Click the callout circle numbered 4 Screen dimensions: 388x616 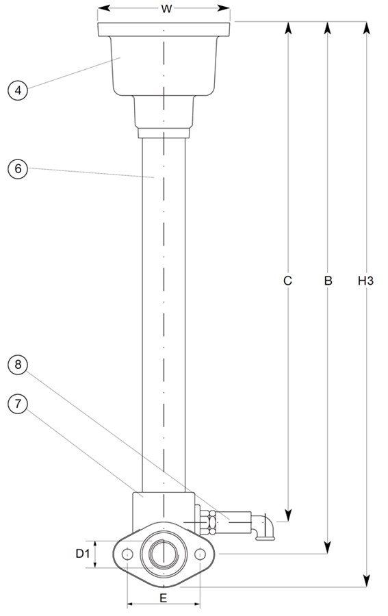(x=18, y=90)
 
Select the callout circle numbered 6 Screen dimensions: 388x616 (x=18, y=168)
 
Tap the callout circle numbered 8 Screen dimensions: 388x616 (x=18, y=365)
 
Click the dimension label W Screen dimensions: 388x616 (x=166, y=9)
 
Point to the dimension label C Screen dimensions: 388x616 (x=288, y=281)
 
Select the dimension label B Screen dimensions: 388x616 (x=328, y=281)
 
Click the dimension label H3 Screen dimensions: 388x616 (x=365, y=281)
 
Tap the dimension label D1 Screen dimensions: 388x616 (x=83, y=554)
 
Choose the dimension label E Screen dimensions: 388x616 (x=164, y=598)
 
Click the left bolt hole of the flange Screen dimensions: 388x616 (x=127, y=554)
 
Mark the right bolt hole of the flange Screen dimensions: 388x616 (x=200, y=554)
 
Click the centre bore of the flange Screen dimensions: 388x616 (x=164, y=554)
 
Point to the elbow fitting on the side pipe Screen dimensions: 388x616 (x=263, y=527)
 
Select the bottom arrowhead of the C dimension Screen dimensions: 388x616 (x=288, y=515)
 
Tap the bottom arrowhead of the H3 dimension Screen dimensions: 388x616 (x=366, y=580)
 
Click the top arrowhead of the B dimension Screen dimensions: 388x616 (x=328, y=28)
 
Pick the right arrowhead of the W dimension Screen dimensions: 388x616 (x=223, y=8)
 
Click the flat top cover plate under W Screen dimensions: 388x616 (x=164, y=29)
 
